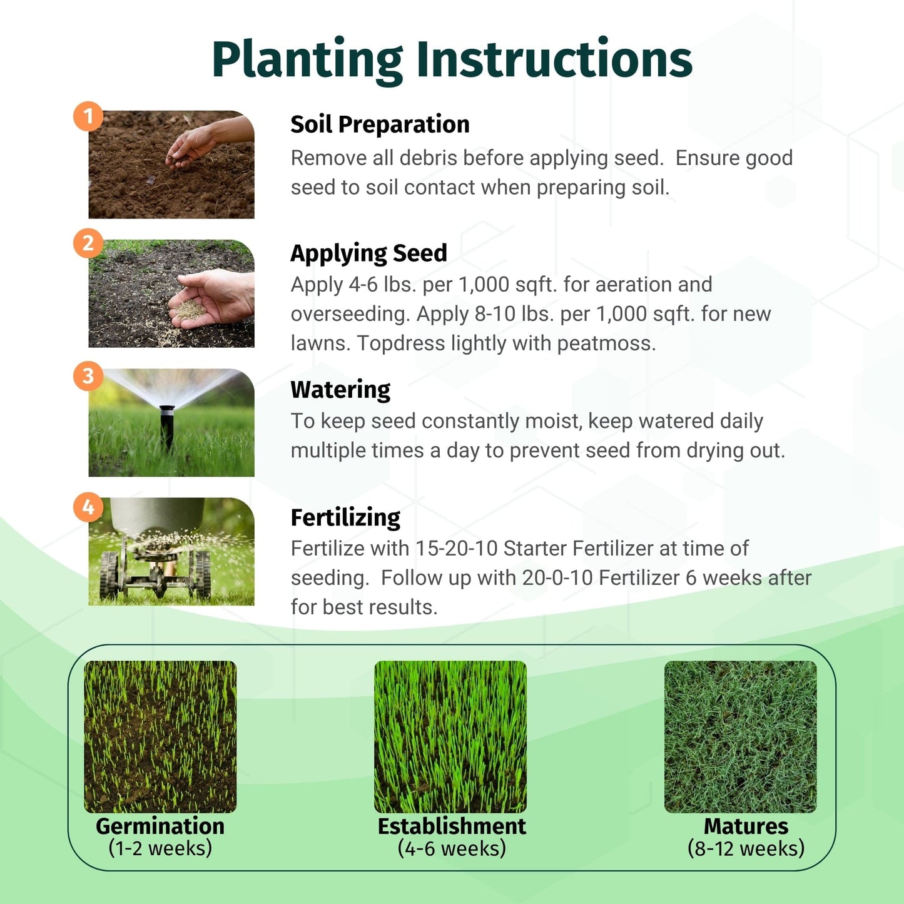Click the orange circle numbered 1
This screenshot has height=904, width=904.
tap(88, 116)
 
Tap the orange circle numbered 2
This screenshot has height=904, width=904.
tap(88, 243)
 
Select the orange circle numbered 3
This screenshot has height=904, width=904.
tap(88, 375)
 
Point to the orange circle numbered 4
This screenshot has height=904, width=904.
tap(88, 507)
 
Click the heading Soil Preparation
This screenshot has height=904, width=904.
tap(380, 124)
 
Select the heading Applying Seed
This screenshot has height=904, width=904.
tap(368, 253)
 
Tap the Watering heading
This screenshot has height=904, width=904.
tap(340, 390)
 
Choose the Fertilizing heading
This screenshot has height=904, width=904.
tap(345, 517)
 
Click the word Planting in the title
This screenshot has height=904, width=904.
tap(307, 60)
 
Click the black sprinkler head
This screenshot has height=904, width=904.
tap(166, 425)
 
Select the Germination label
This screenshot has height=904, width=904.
tap(160, 826)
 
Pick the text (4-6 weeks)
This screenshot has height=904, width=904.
tap(452, 848)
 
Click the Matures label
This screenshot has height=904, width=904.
tap(746, 826)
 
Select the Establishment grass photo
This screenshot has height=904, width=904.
tap(450, 736)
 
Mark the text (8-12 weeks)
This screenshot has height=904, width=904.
tap(746, 848)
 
